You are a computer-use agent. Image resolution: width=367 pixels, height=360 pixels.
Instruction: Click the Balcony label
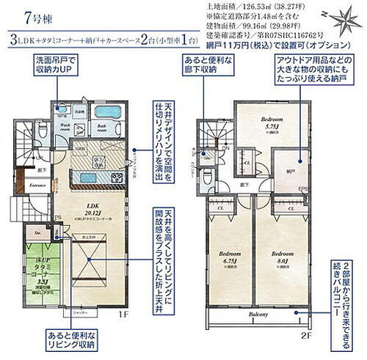255,314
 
